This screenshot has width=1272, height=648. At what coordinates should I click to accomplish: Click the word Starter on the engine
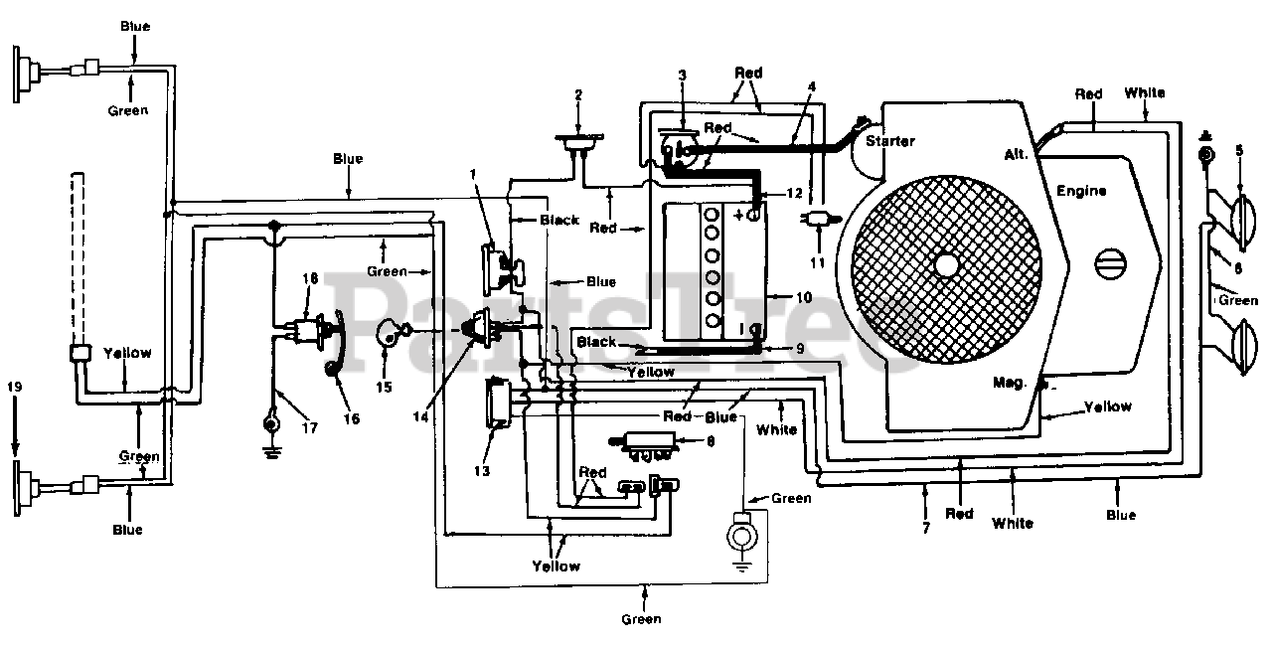pyautogui.click(x=889, y=141)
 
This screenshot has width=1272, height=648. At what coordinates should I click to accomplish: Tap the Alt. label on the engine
pyautogui.click(x=1016, y=154)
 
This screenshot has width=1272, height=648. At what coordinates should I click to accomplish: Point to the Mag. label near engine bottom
pyautogui.click(x=1010, y=383)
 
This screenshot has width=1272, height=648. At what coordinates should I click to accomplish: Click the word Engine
pyautogui.click(x=1081, y=191)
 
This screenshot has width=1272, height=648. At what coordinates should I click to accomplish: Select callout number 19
pyautogui.click(x=14, y=388)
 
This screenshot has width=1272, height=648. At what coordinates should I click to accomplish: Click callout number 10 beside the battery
pyautogui.click(x=804, y=297)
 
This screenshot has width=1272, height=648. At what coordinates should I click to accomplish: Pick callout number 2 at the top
pyautogui.click(x=578, y=94)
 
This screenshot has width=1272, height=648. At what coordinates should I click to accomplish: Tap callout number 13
pyautogui.click(x=482, y=471)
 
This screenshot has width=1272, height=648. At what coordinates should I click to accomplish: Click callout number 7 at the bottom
pyautogui.click(x=926, y=528)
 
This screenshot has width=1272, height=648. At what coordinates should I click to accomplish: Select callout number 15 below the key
pyautogui.click(x=384, y=388)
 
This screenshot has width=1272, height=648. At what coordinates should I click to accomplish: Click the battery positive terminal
pyautogui.click(x=753, y=216)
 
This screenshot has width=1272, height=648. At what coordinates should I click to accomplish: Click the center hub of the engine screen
pyautogui.click(x=945, y=264)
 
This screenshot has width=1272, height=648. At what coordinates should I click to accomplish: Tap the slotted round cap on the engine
pyautogui.click(x=1110, y=264)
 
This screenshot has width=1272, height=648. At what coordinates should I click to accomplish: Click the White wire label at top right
pyautogui.click(x=1145, y=92)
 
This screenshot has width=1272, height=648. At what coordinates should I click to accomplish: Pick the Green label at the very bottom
pyautogui.click(x=641, y=619)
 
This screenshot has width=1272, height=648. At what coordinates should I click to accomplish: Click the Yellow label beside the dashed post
pyautogui.click(x=127, y=353)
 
